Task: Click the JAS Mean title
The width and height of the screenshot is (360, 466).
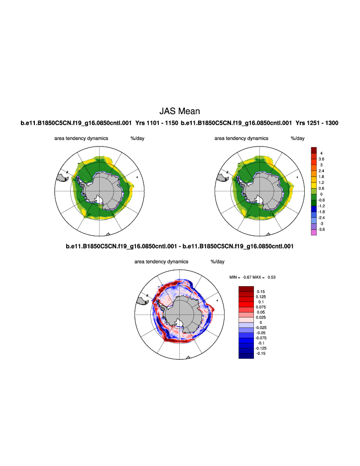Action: pos(179,111)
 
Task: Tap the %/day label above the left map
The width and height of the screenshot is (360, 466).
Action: pos(137,138)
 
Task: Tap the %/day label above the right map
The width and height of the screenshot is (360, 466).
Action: pos(298,138)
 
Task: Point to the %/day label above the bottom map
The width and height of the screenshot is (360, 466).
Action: pos(218,261)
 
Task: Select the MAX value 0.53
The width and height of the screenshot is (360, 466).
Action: pos(273,277)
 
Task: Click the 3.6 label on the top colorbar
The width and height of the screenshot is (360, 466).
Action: pos(321,158)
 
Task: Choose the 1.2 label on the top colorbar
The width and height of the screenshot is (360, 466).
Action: pos(321,182)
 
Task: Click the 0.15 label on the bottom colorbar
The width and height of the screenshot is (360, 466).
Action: pos(260,291)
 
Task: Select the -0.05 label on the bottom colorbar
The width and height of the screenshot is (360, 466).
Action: pos(260,332)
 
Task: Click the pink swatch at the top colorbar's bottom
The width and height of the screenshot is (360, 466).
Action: pos(314,232)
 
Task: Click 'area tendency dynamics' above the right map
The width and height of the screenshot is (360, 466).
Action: pos(241,138)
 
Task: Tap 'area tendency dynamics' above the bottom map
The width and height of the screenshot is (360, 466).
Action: pos(161,261)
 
